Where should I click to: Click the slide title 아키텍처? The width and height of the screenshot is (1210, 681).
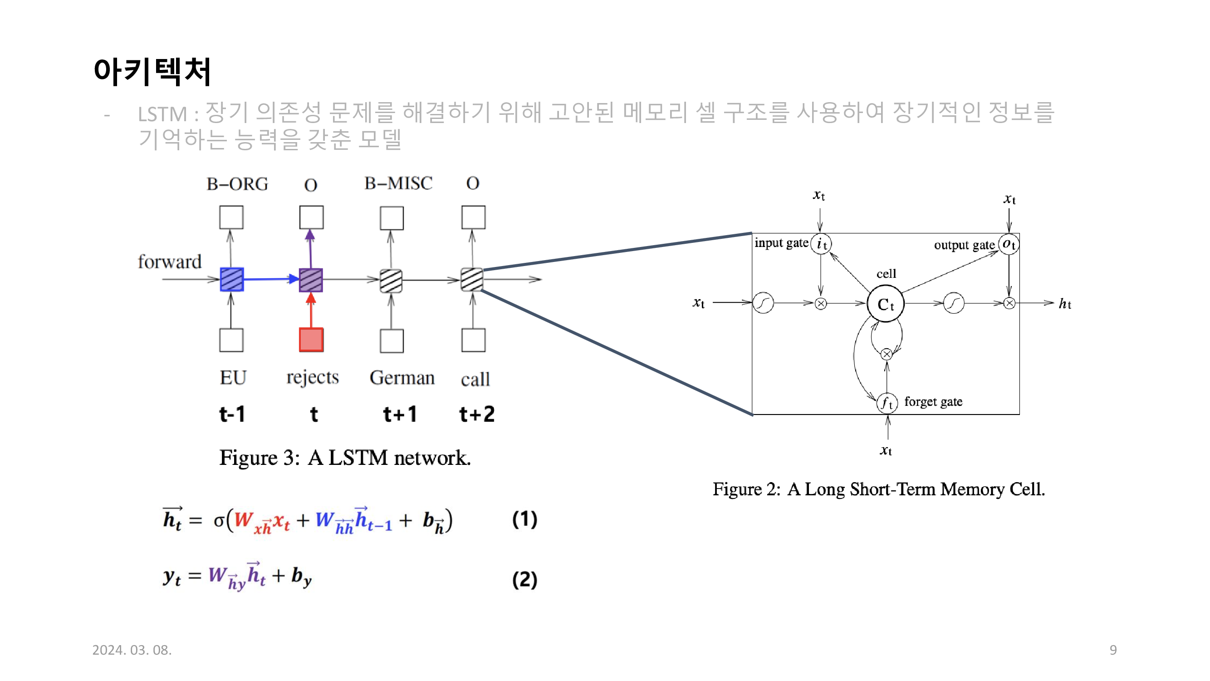[152, 72]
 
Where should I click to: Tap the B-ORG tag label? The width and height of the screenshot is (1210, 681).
[237, 184]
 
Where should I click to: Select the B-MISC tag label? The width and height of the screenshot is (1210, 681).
[398, 183]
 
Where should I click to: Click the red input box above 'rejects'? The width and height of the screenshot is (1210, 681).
[311, 339]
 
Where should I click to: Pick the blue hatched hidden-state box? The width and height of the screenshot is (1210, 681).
[231, 280]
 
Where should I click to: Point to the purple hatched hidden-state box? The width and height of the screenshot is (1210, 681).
[311, 280]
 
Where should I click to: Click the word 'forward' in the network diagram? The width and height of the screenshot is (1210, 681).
[169, 262]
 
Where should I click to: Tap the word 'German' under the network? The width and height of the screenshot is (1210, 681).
[402, 378]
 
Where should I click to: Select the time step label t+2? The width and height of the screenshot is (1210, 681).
[476, 414]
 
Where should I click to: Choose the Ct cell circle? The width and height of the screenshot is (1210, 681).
[885, 304]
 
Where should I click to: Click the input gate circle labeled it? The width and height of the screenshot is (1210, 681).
[821, 243]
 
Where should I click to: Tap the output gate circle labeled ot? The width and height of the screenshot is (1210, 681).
[1009, 244]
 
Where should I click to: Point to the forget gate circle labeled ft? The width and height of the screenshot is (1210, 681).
[887, 403]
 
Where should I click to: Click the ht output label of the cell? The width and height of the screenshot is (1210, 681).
[1064, 304]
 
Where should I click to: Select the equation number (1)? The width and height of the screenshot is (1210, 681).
[524, 519]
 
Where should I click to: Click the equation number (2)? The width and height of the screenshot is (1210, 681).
[524, 579]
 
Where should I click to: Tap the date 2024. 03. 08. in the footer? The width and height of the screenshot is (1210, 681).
[132, 650]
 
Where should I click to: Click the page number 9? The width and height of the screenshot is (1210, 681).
[1113, 650]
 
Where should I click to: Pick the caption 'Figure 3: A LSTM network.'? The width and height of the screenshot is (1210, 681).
[345, 458]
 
